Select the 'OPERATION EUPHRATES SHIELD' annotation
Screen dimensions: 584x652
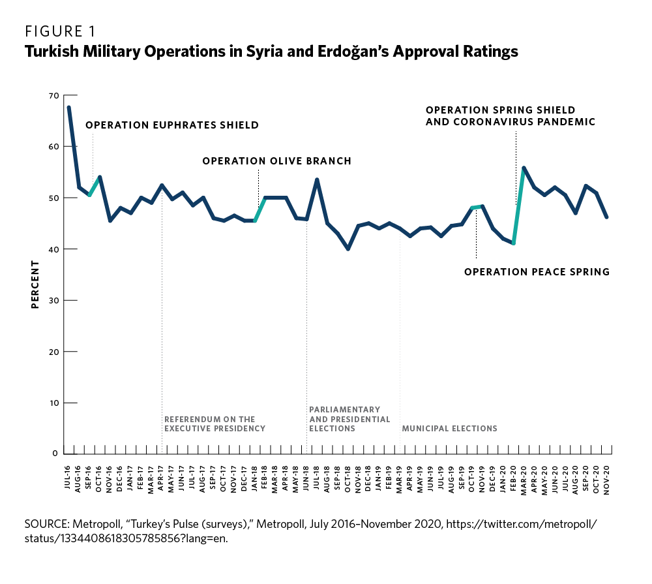click(172, 125)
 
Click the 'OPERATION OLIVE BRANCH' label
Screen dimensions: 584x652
click(276, 161)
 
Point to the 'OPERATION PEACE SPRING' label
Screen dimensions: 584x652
click(537, 271)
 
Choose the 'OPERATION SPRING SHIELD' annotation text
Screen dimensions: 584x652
click(501, 110)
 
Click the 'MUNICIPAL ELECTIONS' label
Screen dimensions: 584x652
click(449, 429)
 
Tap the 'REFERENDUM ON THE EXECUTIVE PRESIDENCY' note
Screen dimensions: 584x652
click(215, 424)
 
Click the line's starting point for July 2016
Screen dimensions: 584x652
click(69, 107)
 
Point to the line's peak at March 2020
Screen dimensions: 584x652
click(524, 168)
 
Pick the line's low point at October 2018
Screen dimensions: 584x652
click(348, 249)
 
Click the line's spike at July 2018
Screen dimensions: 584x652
click(317, 179)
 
